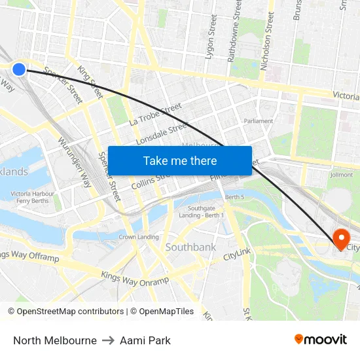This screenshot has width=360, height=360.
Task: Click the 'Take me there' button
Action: coord(179,160)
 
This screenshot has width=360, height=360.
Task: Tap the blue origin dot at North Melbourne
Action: coord(19,69)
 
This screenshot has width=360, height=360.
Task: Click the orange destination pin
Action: coord(341,238)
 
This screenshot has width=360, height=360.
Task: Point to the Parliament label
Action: coord(258,121)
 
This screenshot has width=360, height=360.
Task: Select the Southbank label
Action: coord(190,247)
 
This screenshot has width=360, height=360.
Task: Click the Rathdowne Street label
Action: coord(234,31)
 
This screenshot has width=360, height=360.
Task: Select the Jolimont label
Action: coord(342,175)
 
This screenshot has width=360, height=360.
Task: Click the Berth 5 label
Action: coord(234,197)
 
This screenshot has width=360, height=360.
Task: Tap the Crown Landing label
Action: coord(139,237)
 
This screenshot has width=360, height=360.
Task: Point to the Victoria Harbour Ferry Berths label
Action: coord(32,197)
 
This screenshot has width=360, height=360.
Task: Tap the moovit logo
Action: coord(321,340)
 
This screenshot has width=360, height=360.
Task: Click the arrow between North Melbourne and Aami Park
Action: coord(108,340)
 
